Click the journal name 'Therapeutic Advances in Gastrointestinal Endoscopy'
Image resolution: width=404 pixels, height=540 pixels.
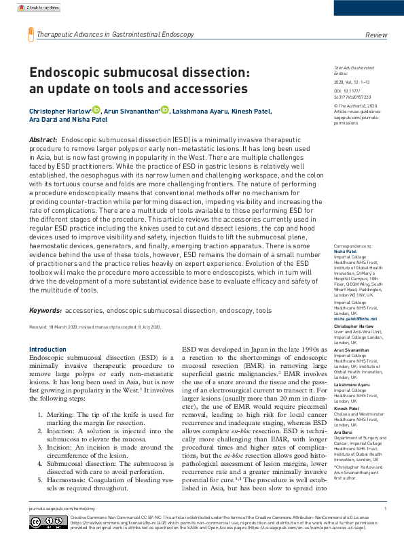click(x=115, y=35)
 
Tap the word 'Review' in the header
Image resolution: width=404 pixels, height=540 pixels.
click(x=376, y=35)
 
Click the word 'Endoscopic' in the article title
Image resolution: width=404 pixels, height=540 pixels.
click(x=66, y=73)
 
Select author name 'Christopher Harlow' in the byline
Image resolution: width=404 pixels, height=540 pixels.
click(x=59, y=112)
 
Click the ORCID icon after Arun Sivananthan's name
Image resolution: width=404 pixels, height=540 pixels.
click(x=165, y=111)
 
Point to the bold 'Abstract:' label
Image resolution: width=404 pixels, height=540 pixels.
click(x=43, y=139)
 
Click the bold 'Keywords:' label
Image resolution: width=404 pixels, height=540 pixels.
click(x=45, y=310)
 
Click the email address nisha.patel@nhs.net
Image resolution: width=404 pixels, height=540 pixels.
click(x=355, y=318)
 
